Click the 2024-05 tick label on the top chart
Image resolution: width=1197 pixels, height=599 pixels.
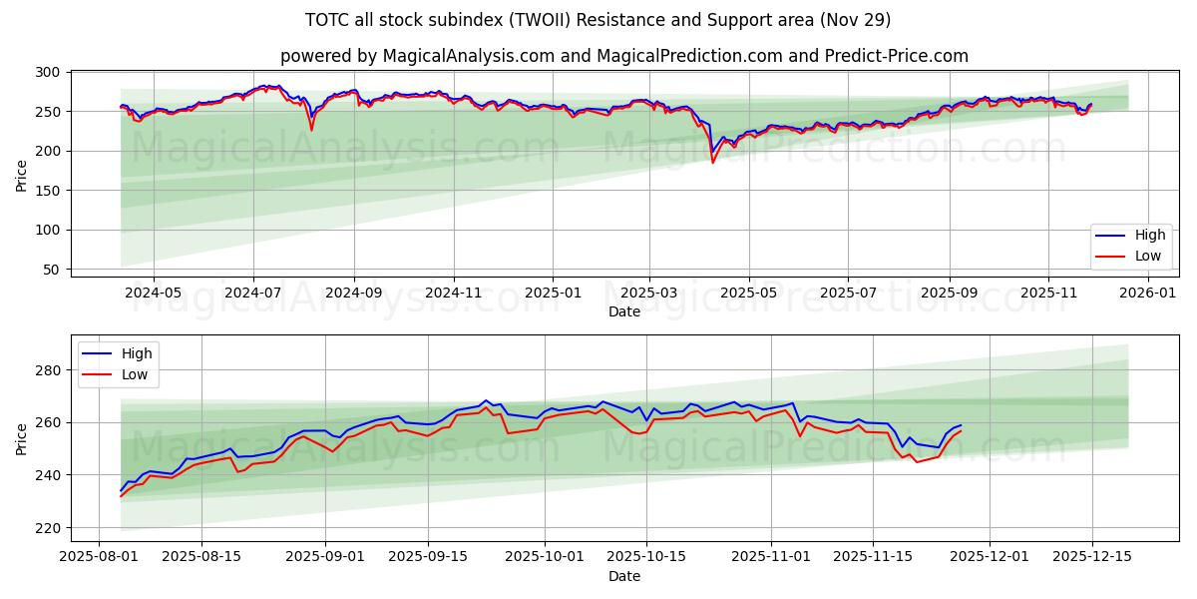(x=154, y=293)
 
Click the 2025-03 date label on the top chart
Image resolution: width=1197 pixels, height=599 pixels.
(x=649, y=293)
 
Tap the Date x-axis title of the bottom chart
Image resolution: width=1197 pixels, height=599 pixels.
(x=624, y=576)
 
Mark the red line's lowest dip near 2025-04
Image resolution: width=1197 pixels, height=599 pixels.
(x=712, y=163)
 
